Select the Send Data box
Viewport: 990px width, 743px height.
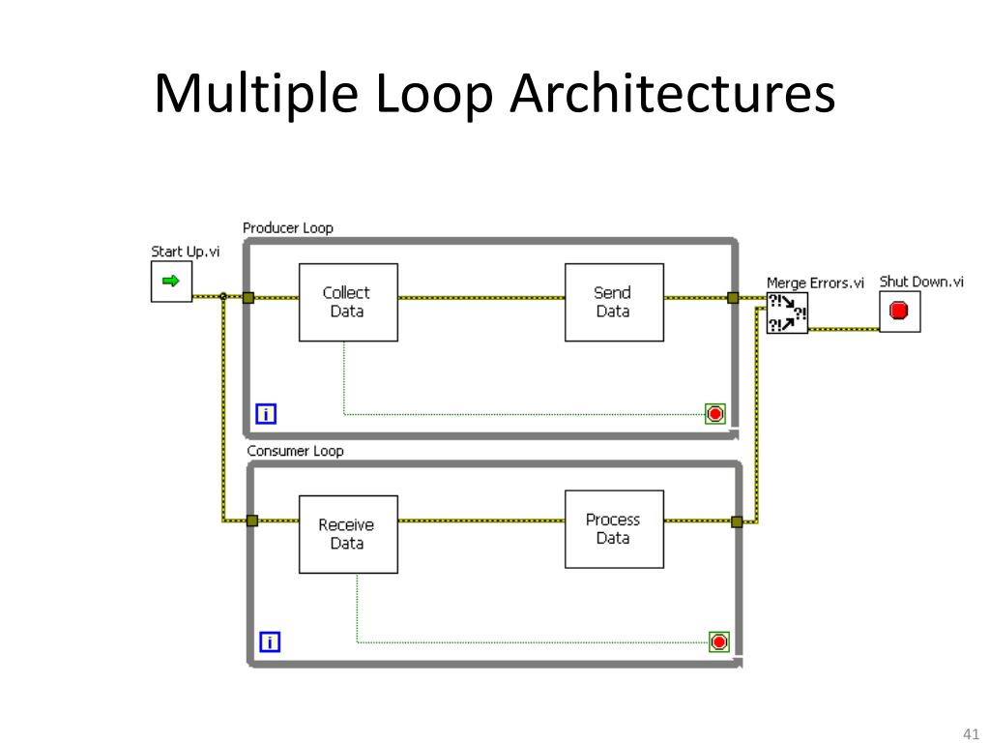[614, 302]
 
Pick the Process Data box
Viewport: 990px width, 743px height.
[614, 528]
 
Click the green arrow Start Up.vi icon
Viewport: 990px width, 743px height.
[171, 282]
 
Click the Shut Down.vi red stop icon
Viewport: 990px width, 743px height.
[899, 312]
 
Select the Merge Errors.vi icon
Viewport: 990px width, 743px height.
[787, 312]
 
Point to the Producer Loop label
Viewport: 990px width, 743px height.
[287, 228]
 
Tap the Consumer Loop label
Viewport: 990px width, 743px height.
[295, 451]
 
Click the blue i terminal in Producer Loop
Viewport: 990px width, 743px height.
[266, 415]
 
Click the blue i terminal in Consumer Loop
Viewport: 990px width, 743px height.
[270, 641]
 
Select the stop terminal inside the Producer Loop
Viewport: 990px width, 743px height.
[715, 414]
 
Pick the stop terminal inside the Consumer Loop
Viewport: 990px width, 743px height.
[719, 641]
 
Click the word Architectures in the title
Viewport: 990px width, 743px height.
[673, 96]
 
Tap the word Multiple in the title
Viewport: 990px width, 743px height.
[254, 96]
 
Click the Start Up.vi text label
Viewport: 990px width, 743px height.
[185, 252]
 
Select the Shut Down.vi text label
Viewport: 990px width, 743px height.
[920, 282]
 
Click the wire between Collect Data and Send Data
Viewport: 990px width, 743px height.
[481, 298]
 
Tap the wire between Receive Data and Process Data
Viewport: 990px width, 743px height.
[481, 520]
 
